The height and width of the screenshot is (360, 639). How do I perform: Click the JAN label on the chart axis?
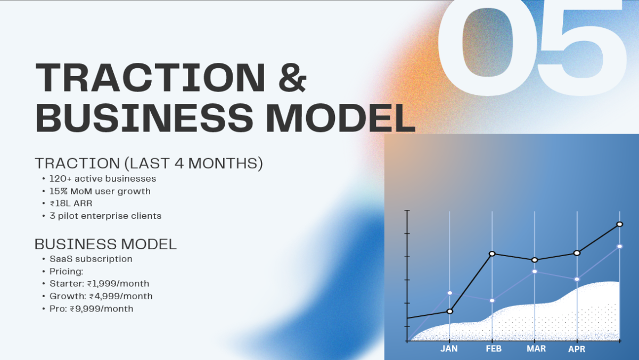pos(449,349)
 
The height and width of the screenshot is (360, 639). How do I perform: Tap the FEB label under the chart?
pos(494,349)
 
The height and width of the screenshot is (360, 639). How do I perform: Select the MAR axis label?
pos(536,349)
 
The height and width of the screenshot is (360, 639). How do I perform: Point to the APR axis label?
pos(577,349)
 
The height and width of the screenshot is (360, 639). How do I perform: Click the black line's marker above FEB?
pos(492,253)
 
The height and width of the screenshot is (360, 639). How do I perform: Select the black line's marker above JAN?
pos(450,311)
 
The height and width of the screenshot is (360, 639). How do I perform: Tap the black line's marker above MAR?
pos(535,260)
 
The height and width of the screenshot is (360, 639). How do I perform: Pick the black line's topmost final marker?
pos(620,224)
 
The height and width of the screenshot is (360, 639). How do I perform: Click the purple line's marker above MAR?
pos(535,271)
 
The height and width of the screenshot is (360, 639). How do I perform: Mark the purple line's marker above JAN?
pos(450,293)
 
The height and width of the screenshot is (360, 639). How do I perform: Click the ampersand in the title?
pos(292,77)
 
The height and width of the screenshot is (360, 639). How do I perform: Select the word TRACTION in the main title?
pos(150,77)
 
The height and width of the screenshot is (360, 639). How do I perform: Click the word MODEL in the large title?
pos(340,118)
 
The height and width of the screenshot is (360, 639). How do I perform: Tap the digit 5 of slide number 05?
pos(581,46)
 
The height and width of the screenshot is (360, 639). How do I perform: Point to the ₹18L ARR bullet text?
pos(71,203)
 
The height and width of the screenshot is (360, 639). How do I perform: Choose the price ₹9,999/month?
pos(102,309)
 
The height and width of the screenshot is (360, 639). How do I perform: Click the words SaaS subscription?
pos(91,259)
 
